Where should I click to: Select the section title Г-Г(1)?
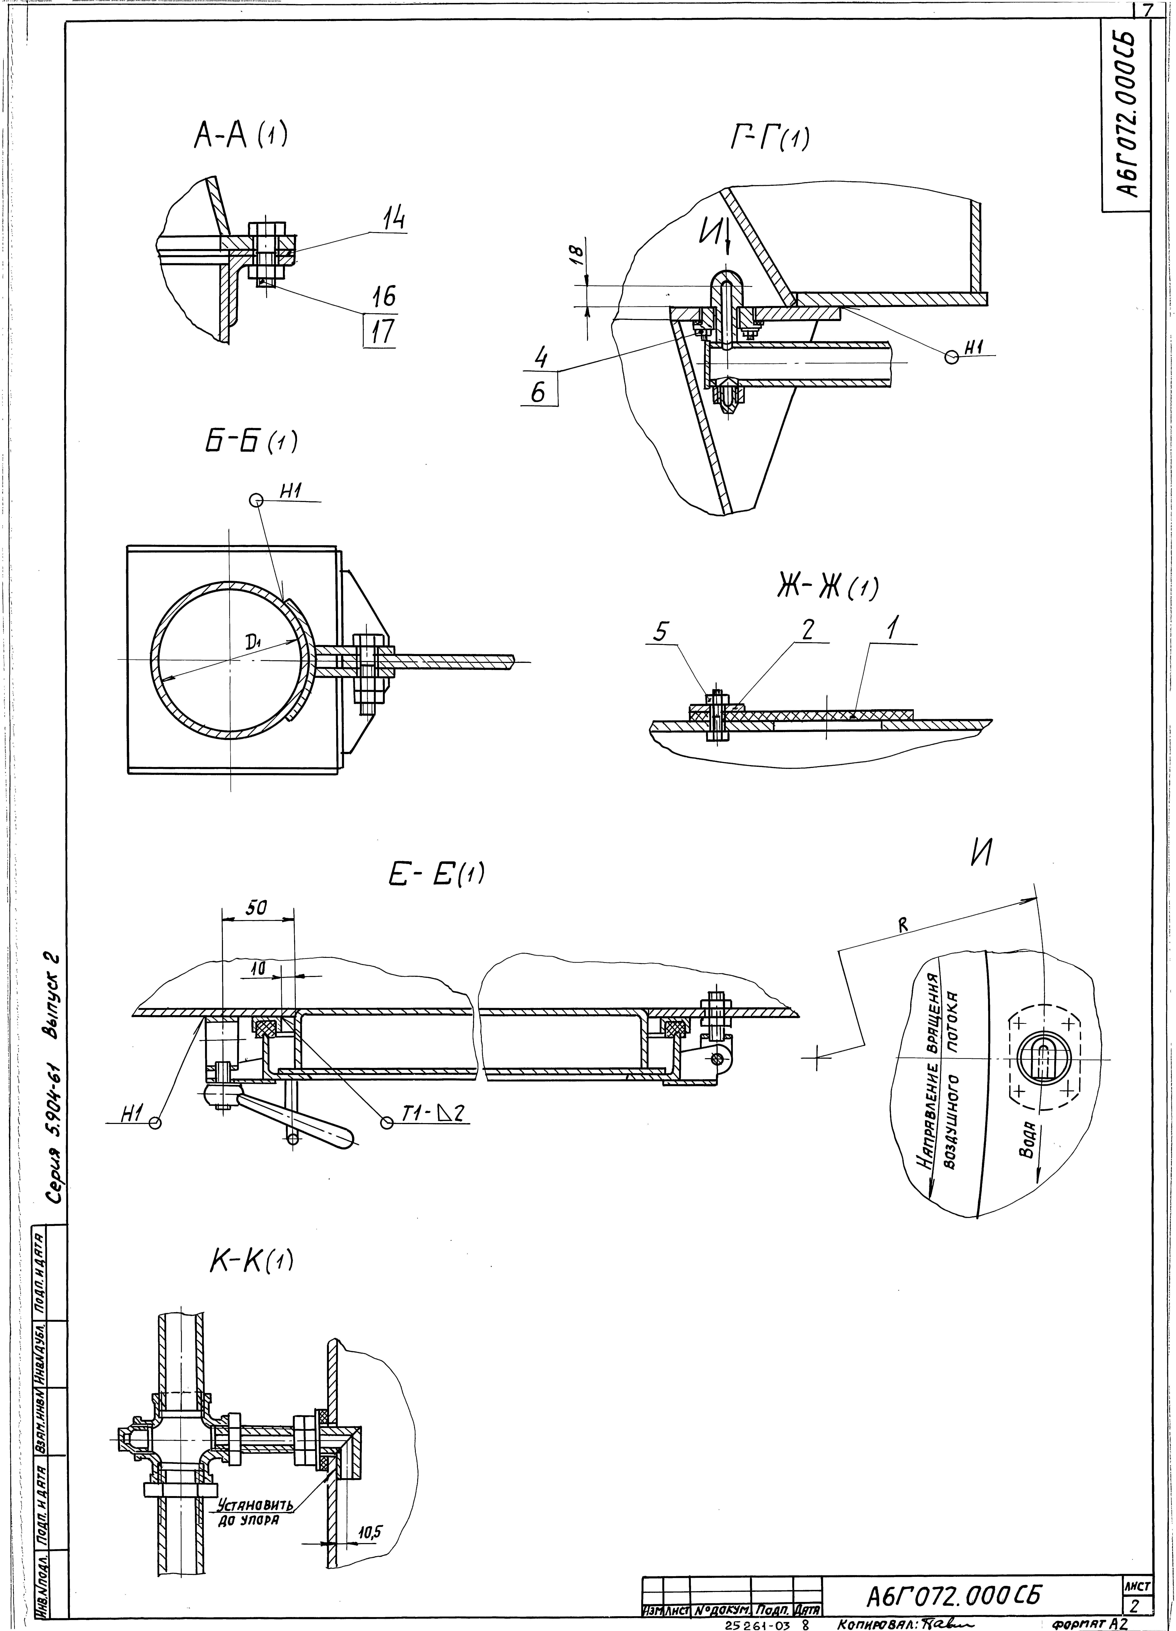click(x=768, y=139)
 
